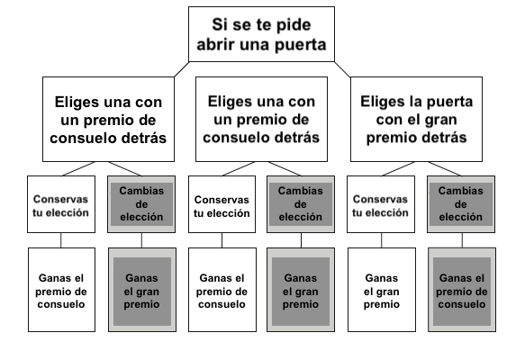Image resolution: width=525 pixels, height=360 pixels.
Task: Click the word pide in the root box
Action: click(294, 25)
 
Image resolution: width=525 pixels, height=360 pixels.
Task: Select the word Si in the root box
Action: click(218, 25)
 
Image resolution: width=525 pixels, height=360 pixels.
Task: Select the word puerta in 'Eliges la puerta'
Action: click(449, 103)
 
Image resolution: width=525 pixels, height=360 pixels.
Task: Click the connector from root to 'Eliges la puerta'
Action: click(342, 69)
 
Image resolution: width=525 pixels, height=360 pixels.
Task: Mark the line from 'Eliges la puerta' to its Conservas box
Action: click(398, 168)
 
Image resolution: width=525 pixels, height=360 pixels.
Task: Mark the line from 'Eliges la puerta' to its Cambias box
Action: click(445, 168)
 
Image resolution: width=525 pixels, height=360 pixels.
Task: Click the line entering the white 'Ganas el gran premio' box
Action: click(381, 240)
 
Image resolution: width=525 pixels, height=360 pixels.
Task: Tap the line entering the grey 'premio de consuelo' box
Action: click(462, 240)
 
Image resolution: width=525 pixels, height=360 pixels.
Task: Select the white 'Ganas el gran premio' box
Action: click(382, 290)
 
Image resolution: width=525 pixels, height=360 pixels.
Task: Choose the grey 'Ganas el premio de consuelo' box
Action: click(462, 290)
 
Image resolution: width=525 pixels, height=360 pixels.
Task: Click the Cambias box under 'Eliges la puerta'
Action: click(461, 204)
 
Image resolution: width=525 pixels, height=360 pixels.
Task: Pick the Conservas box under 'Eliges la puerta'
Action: click(381, 204)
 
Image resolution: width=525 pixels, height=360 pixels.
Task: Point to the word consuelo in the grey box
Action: click(462, 304)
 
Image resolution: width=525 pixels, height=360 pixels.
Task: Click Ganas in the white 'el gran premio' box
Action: click(381, 278)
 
